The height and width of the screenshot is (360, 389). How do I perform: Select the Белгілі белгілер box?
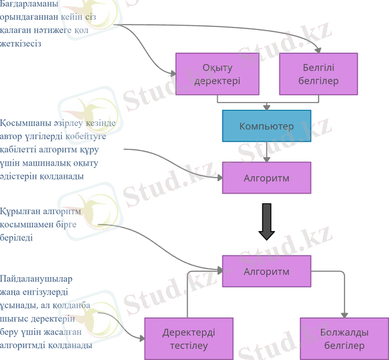pos(318,74)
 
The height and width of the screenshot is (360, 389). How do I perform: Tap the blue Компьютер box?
pos(267,126)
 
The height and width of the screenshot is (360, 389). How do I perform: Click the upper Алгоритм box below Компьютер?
pos(267,178)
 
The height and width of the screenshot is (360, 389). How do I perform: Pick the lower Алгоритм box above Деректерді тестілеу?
pos(267,271)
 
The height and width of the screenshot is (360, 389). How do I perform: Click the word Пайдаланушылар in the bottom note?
pos(36,279)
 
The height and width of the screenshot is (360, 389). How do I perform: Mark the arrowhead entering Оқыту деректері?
pos(173,74)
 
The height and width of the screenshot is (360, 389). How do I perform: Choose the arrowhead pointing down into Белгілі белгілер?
pos(318,50)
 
